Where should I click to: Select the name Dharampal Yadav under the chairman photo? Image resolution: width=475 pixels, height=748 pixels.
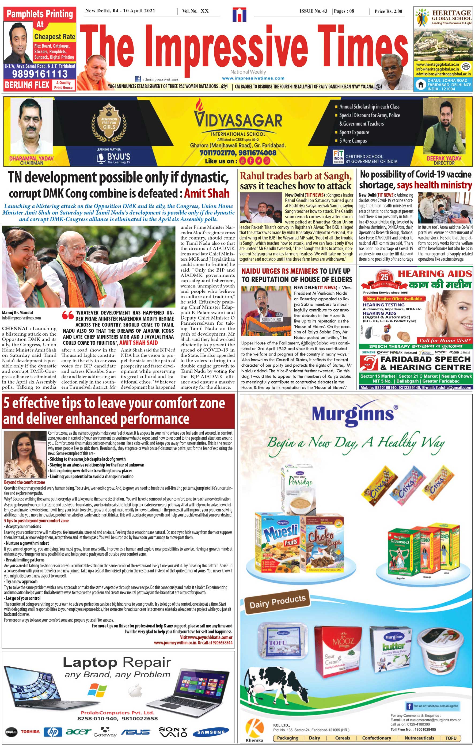(x=31, y=158)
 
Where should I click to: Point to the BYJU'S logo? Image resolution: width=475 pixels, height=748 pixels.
(x=114, y=157)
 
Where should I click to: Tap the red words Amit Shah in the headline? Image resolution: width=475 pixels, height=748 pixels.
(x=207, y=193)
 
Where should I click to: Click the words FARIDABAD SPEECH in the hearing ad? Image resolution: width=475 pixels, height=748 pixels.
(x=425, y=359)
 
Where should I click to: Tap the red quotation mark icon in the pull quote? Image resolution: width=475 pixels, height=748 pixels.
(x=68, y=315)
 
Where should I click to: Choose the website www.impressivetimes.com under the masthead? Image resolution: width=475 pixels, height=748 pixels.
(x=253, y=78)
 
